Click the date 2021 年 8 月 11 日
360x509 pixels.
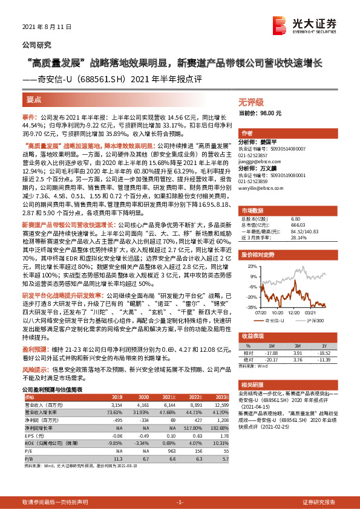[47, 27]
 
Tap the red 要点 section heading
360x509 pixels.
[34, 99]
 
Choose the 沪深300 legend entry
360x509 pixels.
[316, 320]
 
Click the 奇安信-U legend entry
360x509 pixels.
[279, 320]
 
